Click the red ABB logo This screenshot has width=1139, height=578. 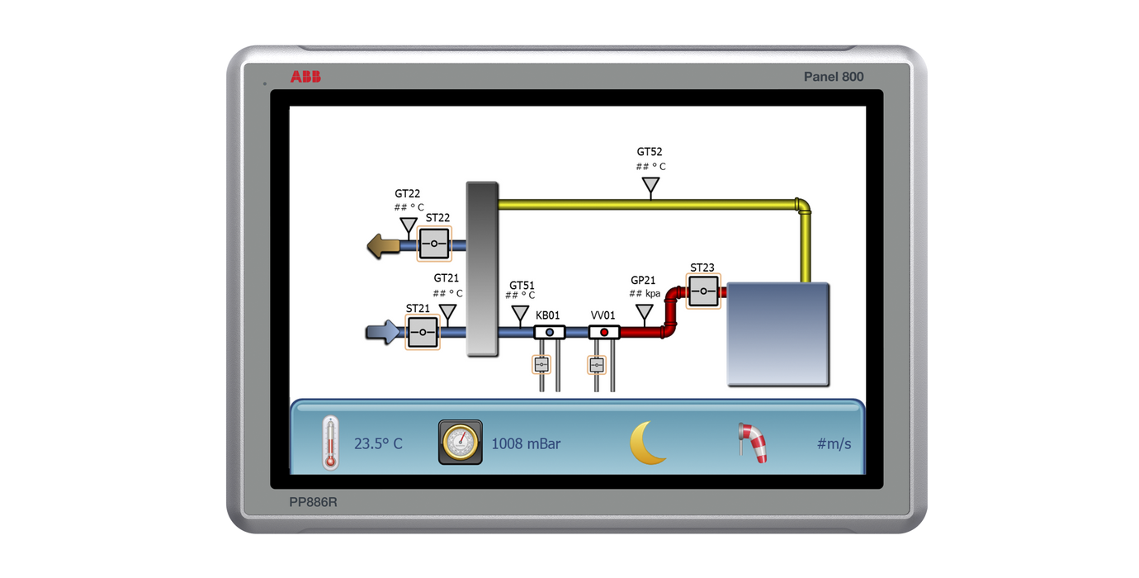click(x=305, y=77)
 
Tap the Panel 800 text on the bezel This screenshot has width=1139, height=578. click(x=834, y=77)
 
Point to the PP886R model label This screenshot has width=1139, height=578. click(x=313, y=501)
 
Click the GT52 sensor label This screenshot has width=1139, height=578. click(x=650, y=152)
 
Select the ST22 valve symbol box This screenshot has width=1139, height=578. click(x=433, y=244)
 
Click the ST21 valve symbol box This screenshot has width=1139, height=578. click(x=423, y=332)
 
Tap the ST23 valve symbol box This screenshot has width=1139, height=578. click(x=703, y=291)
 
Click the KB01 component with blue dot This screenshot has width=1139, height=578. click(x=549, y=332)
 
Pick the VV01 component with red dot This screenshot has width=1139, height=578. click(x=604, y=332)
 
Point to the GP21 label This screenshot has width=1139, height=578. click(x=644, y=281)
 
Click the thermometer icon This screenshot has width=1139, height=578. click(x=331, y=443)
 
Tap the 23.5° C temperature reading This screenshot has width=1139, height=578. click(x=378, y=444)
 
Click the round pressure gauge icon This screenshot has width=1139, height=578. click(x=460, y=443)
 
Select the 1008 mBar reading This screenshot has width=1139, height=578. click(x=526, y=444)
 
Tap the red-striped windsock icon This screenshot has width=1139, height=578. click(x=752, y=443)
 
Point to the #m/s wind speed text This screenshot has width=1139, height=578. click(x=834, y=444)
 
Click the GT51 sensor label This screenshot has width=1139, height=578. click(x=522, y=286)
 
